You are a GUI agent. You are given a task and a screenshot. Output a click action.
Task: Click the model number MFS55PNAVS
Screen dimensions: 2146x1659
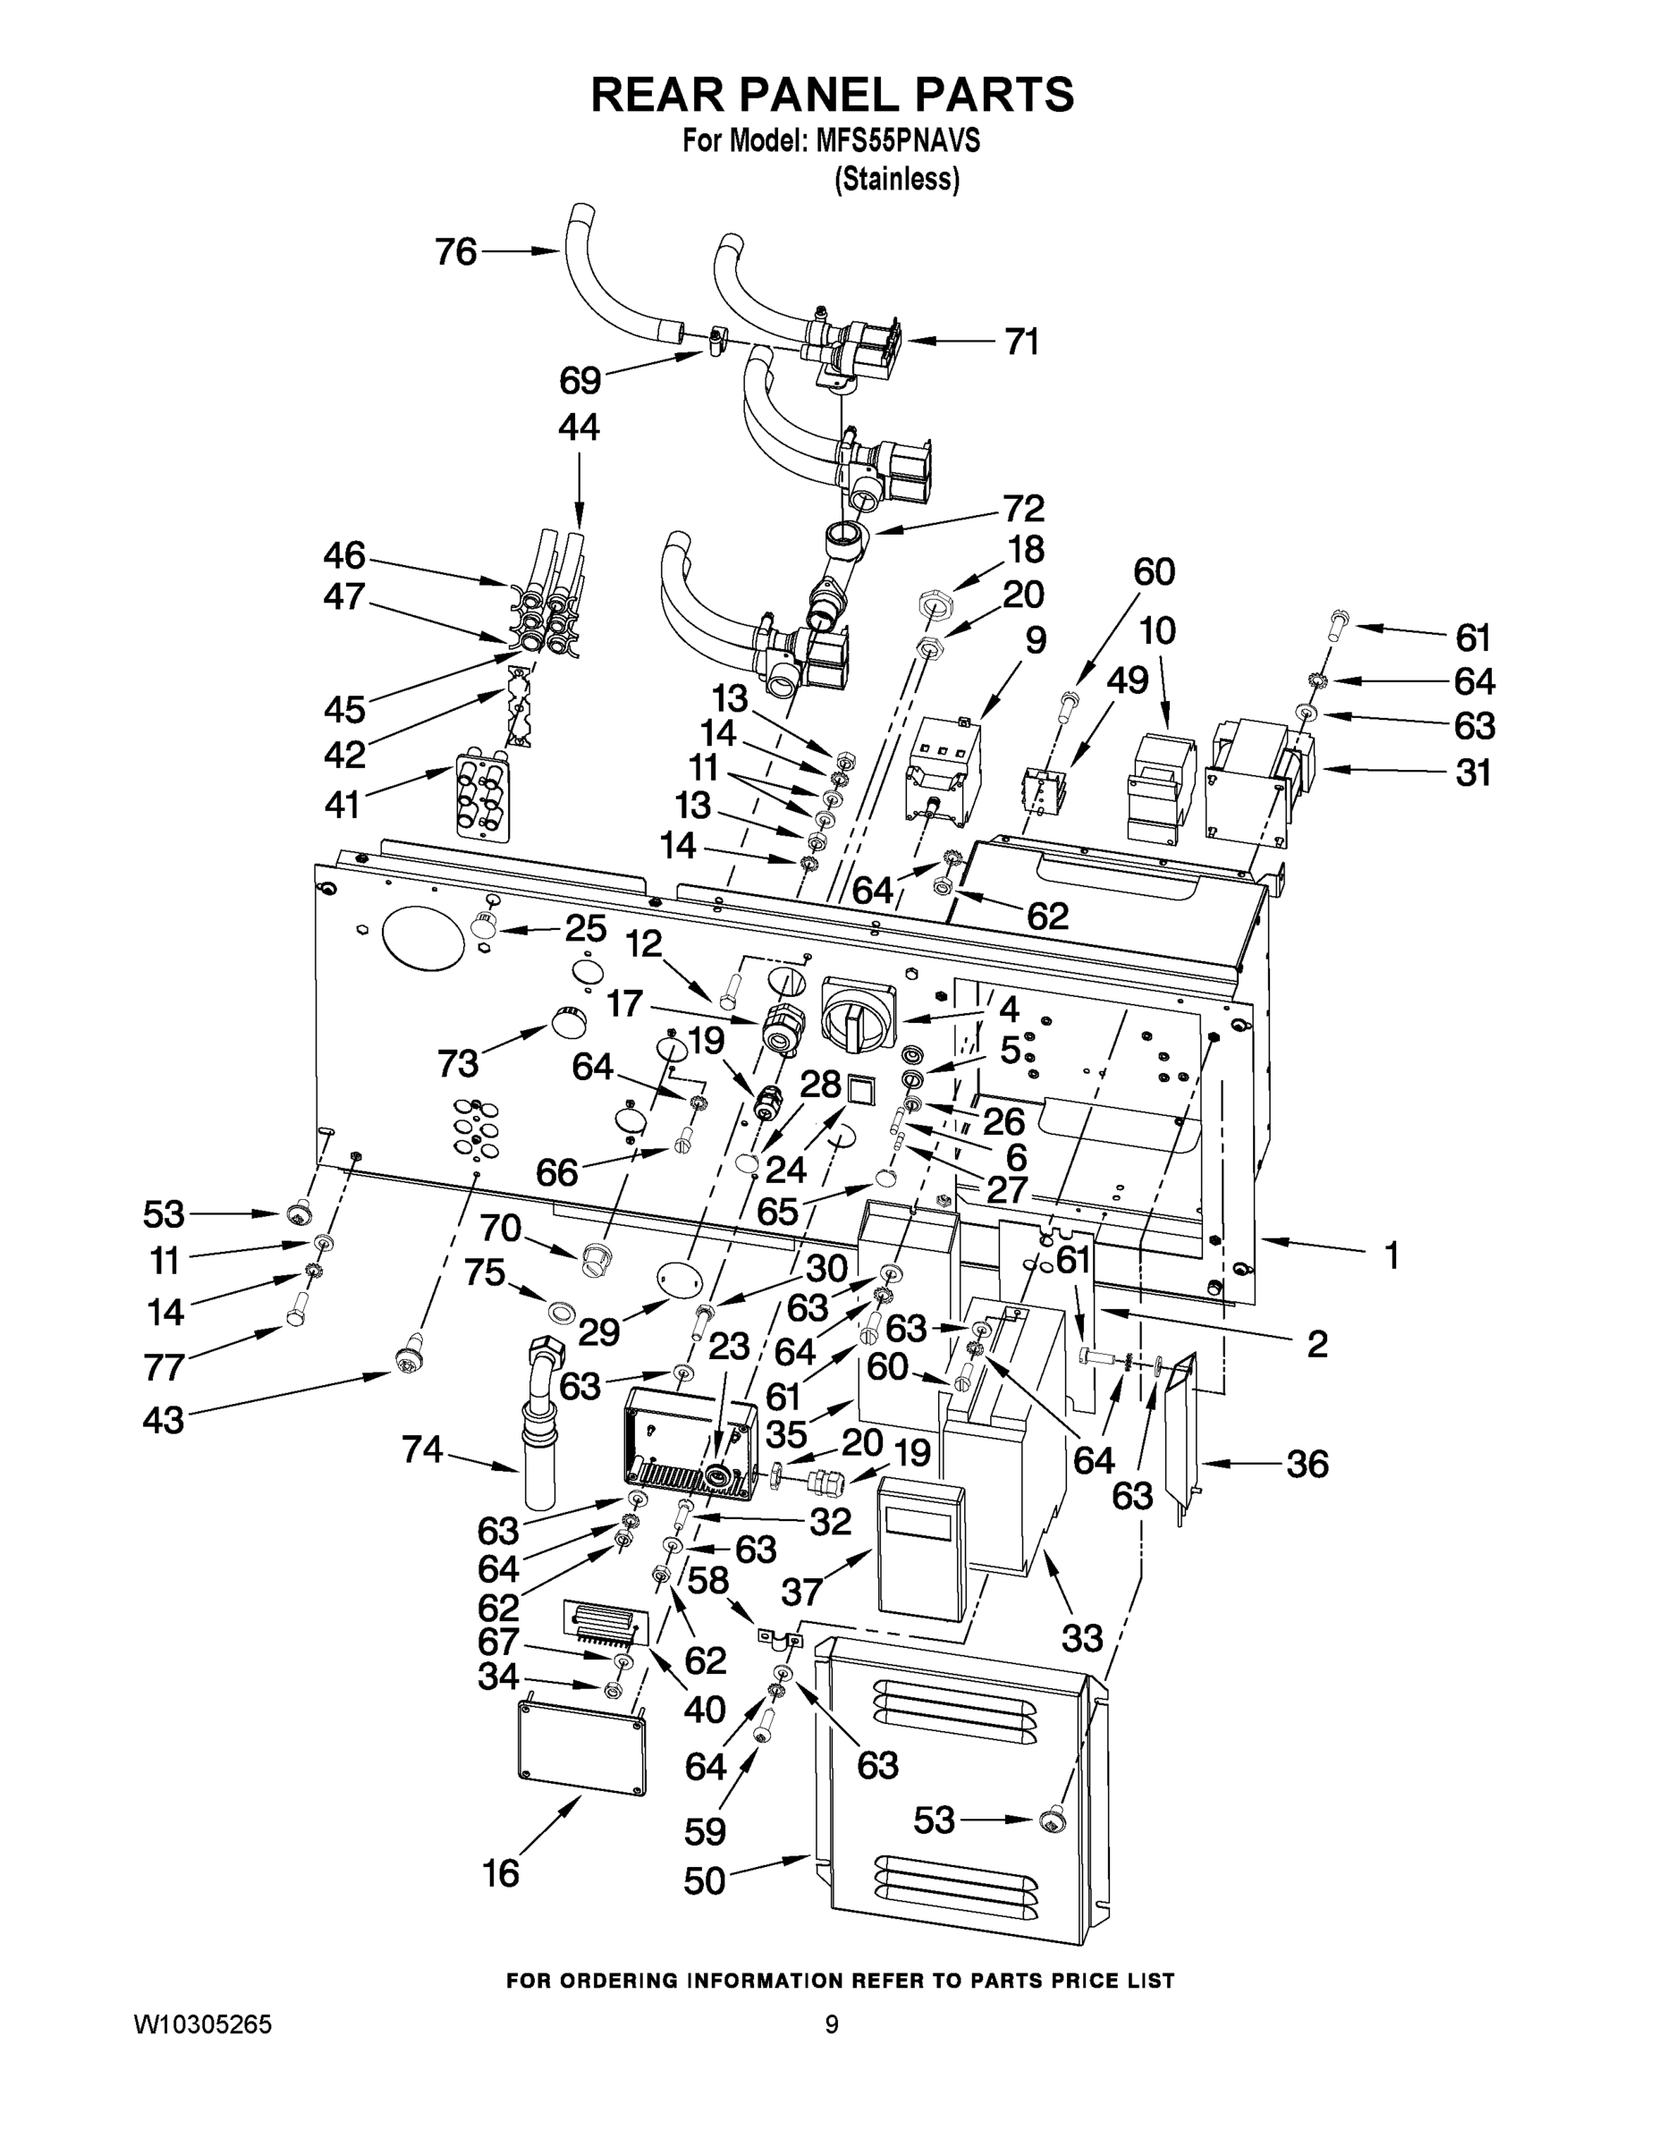(897, 141)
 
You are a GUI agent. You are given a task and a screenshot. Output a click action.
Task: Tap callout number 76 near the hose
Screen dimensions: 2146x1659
(456, 252)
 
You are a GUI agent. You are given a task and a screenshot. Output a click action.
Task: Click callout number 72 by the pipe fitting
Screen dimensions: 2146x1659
(1023, 509)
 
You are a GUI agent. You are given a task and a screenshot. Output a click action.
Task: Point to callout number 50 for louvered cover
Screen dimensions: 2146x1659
(705, 1880)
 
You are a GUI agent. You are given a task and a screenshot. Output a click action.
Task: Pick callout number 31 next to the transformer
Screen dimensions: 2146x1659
(1473, 773)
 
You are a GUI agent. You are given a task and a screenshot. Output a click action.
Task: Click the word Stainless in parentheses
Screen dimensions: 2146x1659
(896, 180)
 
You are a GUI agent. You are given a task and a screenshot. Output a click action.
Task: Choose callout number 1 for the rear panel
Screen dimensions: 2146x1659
(1391, 1255)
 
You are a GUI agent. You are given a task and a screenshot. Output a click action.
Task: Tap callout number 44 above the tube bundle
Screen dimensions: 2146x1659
(579, 427)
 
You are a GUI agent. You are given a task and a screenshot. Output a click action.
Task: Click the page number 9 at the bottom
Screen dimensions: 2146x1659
(832, 2024)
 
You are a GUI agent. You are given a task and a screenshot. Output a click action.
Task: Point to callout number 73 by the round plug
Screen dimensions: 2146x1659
(458, 1062)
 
